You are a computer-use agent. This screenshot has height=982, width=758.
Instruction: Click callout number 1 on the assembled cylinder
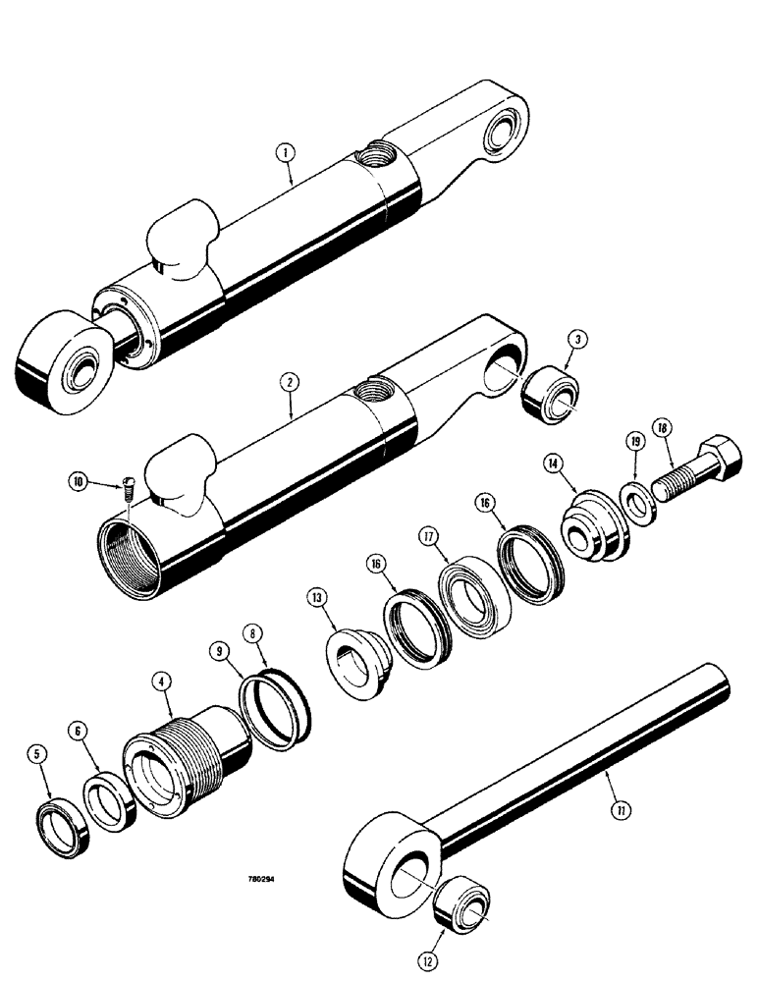tap(284, 152)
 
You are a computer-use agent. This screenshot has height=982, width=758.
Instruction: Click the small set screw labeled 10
tap(128, 485)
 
